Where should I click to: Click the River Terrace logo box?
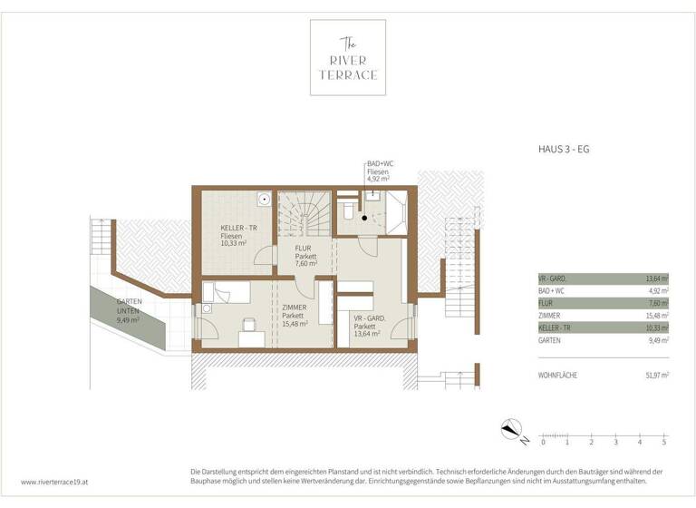(x=348, y=57)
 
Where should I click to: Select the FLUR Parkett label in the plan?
(x=305, y=257)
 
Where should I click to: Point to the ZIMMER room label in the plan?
(x=294, y=315)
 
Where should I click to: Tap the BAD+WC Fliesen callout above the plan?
(x=379, y=172)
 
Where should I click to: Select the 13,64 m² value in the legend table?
(x=655, y=278)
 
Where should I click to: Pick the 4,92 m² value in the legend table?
(x=657, y=291)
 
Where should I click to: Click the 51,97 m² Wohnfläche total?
(x=655, y=375)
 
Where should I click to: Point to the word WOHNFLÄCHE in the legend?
(x=558, y=375)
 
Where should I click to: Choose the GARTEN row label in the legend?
(x=550, y=340)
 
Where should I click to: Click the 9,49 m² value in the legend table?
(x=657, y=340)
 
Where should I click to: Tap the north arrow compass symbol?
(x=512, y=432)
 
